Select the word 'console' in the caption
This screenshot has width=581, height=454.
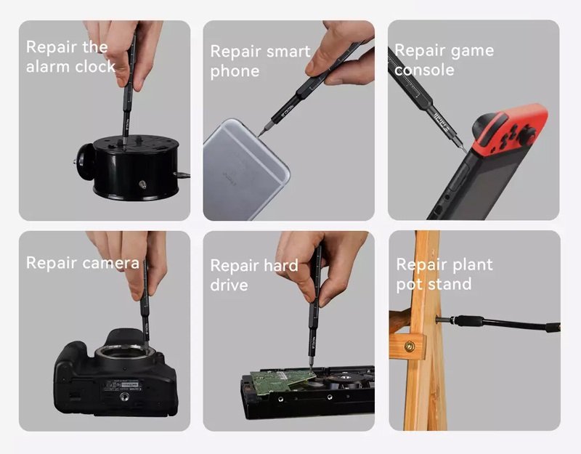coord(424,70)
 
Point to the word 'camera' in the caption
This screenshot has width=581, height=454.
coord(111,263)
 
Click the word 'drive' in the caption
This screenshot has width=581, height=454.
coord(229,285)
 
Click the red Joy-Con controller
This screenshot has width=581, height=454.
coord(511,129)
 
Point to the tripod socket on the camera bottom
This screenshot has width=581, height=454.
coord(124,397)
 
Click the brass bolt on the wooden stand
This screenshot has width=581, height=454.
coord(410,346)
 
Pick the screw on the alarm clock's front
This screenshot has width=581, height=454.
coord(142,185)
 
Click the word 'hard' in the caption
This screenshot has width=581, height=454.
coord(281,265)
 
